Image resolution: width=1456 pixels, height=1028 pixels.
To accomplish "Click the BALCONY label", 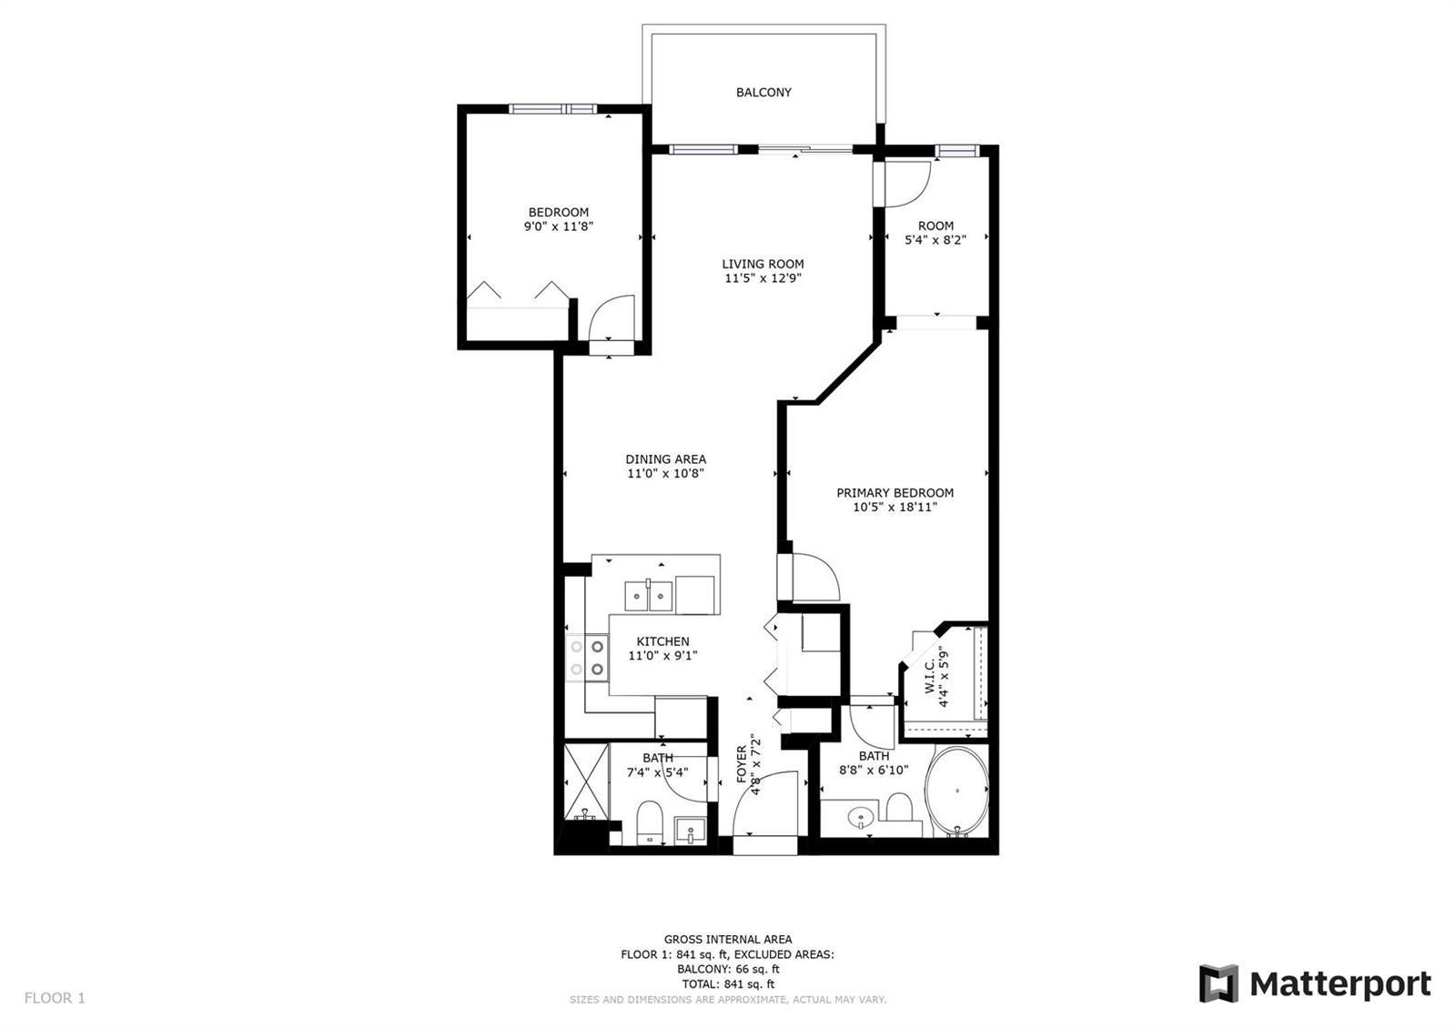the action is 763,92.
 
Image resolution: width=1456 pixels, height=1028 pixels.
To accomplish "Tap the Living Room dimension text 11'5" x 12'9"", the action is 763,278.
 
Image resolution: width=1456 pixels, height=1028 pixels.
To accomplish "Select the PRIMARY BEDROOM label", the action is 895,492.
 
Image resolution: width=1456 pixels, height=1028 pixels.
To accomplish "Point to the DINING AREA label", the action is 665,459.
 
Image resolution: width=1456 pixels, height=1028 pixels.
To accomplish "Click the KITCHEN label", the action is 663,641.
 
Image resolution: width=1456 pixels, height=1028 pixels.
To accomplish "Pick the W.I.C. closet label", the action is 929,676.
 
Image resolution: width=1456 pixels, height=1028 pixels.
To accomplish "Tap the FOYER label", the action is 742,763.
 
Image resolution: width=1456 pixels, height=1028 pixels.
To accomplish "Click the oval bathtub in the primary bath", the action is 956,791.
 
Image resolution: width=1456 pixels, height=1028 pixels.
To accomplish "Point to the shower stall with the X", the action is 587,782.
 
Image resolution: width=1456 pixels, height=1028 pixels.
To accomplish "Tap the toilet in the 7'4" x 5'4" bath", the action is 649,821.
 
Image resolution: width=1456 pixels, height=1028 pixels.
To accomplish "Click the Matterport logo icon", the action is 1218,983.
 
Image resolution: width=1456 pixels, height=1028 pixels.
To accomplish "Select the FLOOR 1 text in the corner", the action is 55,997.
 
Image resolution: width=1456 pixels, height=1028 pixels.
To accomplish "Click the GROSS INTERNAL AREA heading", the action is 728,939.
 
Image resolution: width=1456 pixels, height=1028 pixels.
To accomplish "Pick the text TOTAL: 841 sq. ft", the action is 728,983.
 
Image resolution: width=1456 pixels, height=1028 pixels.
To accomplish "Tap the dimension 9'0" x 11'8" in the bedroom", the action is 559,227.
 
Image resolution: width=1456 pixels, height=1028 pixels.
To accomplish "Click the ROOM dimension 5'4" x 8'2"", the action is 935,239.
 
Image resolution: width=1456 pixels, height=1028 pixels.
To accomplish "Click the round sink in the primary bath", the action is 861,816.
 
